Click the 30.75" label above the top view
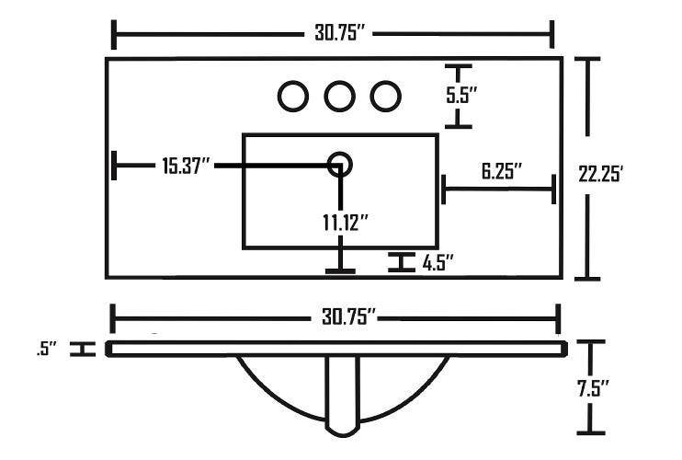(x=335, y=35)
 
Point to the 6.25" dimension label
(x=502, y=170)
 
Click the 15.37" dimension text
(x=187, y=166)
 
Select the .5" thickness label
(x=48, y=350)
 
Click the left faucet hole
(x=293, y=95)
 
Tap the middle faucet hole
(x=339, y=95)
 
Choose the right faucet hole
(x=385, y=95)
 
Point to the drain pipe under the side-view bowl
(x=342, y=396)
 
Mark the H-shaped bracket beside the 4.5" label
(x=400, y=262)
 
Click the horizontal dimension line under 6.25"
(x=499, y=190)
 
